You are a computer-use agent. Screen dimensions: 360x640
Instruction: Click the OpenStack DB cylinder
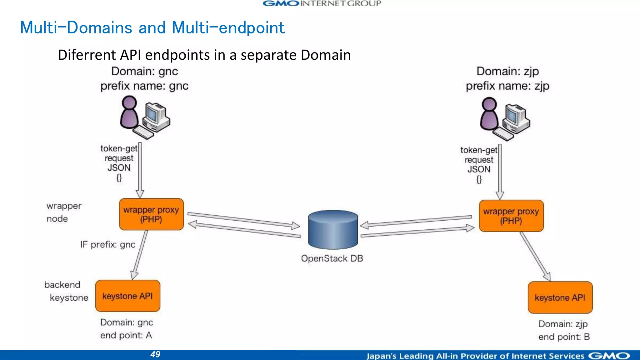[x=333, y=230]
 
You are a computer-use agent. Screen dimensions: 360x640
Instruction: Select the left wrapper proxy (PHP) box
[x=151, y=214]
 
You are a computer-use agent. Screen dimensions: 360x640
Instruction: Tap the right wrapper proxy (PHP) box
[x=511, y=216]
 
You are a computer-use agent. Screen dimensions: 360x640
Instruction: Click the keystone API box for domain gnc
[x=127, y=296]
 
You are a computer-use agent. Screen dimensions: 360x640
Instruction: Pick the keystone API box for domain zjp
[x=560, y=297]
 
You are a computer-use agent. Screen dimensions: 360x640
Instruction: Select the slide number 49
[x=155, y=354]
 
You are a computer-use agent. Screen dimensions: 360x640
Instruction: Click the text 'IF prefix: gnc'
[x=108, y=244]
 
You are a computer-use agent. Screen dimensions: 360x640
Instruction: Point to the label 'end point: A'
[x=126, y=335]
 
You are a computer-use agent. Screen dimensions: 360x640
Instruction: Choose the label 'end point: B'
[x=564, y=337]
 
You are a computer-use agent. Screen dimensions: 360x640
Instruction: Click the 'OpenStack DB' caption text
[x=332, y=258]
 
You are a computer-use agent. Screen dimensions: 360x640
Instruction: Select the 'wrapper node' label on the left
[x=64, y=212]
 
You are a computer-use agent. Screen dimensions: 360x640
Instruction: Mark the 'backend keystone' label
[x=66, y=291]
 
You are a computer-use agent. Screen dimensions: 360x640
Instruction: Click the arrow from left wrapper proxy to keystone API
[x=139, y=255]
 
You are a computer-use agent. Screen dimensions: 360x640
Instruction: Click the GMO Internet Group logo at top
[x=322, y=4]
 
